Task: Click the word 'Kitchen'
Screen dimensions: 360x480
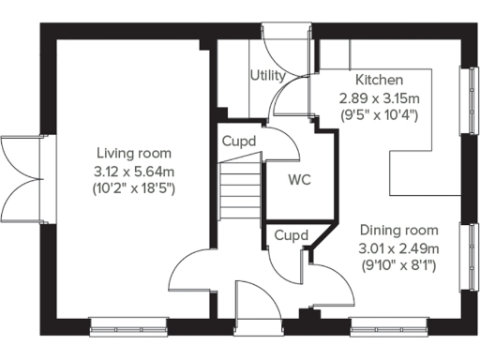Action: [378, 81]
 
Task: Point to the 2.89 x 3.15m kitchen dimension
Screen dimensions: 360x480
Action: [378, 97]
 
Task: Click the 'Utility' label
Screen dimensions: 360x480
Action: [267, 75]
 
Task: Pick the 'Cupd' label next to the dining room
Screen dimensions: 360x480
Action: [292, 234]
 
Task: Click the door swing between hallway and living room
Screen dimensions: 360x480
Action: [192, 273]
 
